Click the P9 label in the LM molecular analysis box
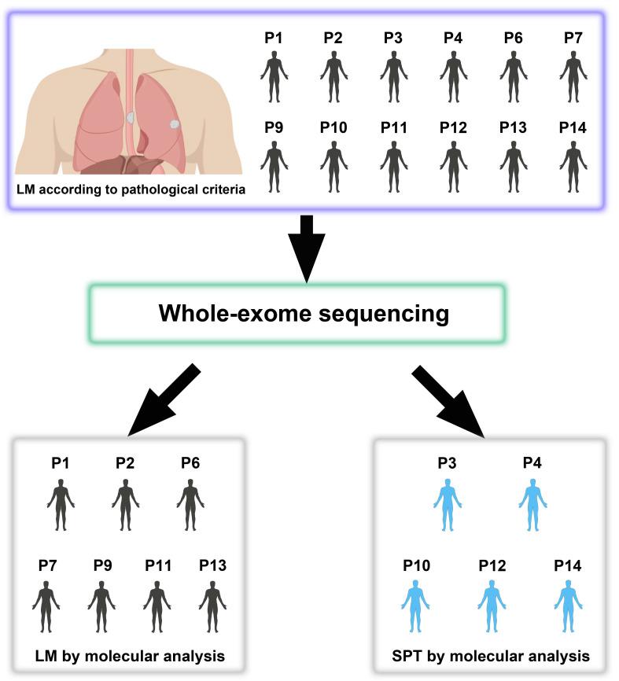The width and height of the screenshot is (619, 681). point(102,565)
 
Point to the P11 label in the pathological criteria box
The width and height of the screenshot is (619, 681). point(393,128)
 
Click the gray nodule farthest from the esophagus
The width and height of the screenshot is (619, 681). point(174,123)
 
